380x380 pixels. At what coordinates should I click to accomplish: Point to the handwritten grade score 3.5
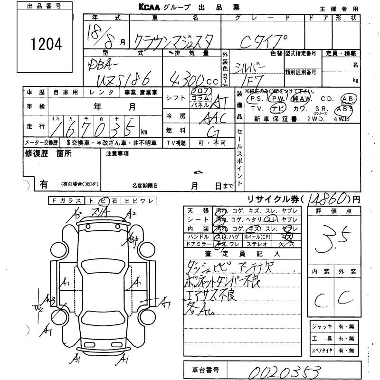pyautogui.click(x=331, y=236)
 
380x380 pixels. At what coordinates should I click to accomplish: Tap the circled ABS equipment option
pyautogui.click(x=344, y=109)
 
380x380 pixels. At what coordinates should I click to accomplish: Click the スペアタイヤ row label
pyautogui.click(x=321, y=351)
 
